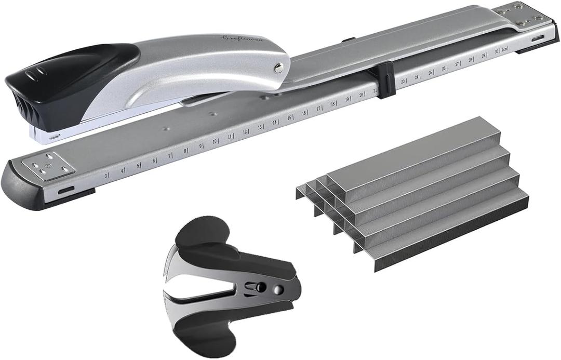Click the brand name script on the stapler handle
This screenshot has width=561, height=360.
pyautogui.click(x=243, y=38)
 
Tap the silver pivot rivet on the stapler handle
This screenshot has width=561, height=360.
pyautogui.click(x=279, y=66)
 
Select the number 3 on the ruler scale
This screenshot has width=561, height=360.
pyautogui.click(x=106, y=176)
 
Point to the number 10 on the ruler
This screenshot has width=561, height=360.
pyautogui.click(x=214, y=141)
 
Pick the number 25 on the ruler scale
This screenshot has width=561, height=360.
pyautogui.click(x=430, y=72)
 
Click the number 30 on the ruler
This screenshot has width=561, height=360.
pyautogui.click(x=497, y=51)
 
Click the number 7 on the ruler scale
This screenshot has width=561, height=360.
pyautogui.click(x=169, y=156)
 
